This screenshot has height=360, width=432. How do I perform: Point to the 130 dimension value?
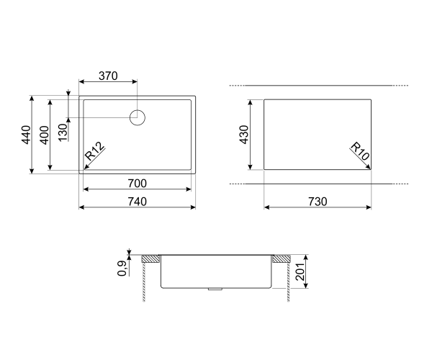point(63,132)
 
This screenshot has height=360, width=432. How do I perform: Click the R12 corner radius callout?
point(95,153)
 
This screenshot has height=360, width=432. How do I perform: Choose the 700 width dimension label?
point(137,183)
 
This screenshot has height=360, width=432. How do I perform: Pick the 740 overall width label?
point(137,202)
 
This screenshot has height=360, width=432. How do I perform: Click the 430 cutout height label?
point(244,135)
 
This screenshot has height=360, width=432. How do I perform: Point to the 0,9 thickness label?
point(123,268)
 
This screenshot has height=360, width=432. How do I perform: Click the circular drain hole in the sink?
point(138,117)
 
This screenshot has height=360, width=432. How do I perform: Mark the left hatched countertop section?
point(151,258)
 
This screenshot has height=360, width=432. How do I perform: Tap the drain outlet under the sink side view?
point(215,289)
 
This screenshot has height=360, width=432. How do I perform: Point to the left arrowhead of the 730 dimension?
point(266,207)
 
